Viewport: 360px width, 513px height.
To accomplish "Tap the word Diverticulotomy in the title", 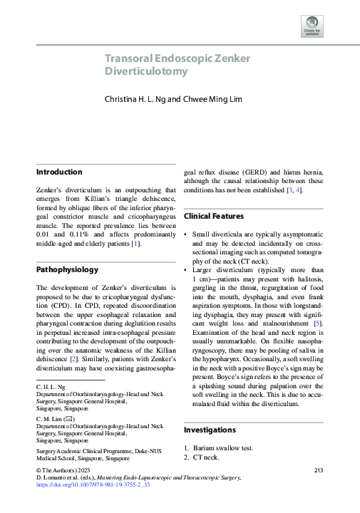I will coord(146,71).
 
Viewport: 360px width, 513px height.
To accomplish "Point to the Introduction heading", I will coord(59,172).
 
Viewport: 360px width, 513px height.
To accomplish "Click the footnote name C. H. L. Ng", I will coord(51,387).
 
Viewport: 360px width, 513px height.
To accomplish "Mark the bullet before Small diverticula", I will coord(185,234).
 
